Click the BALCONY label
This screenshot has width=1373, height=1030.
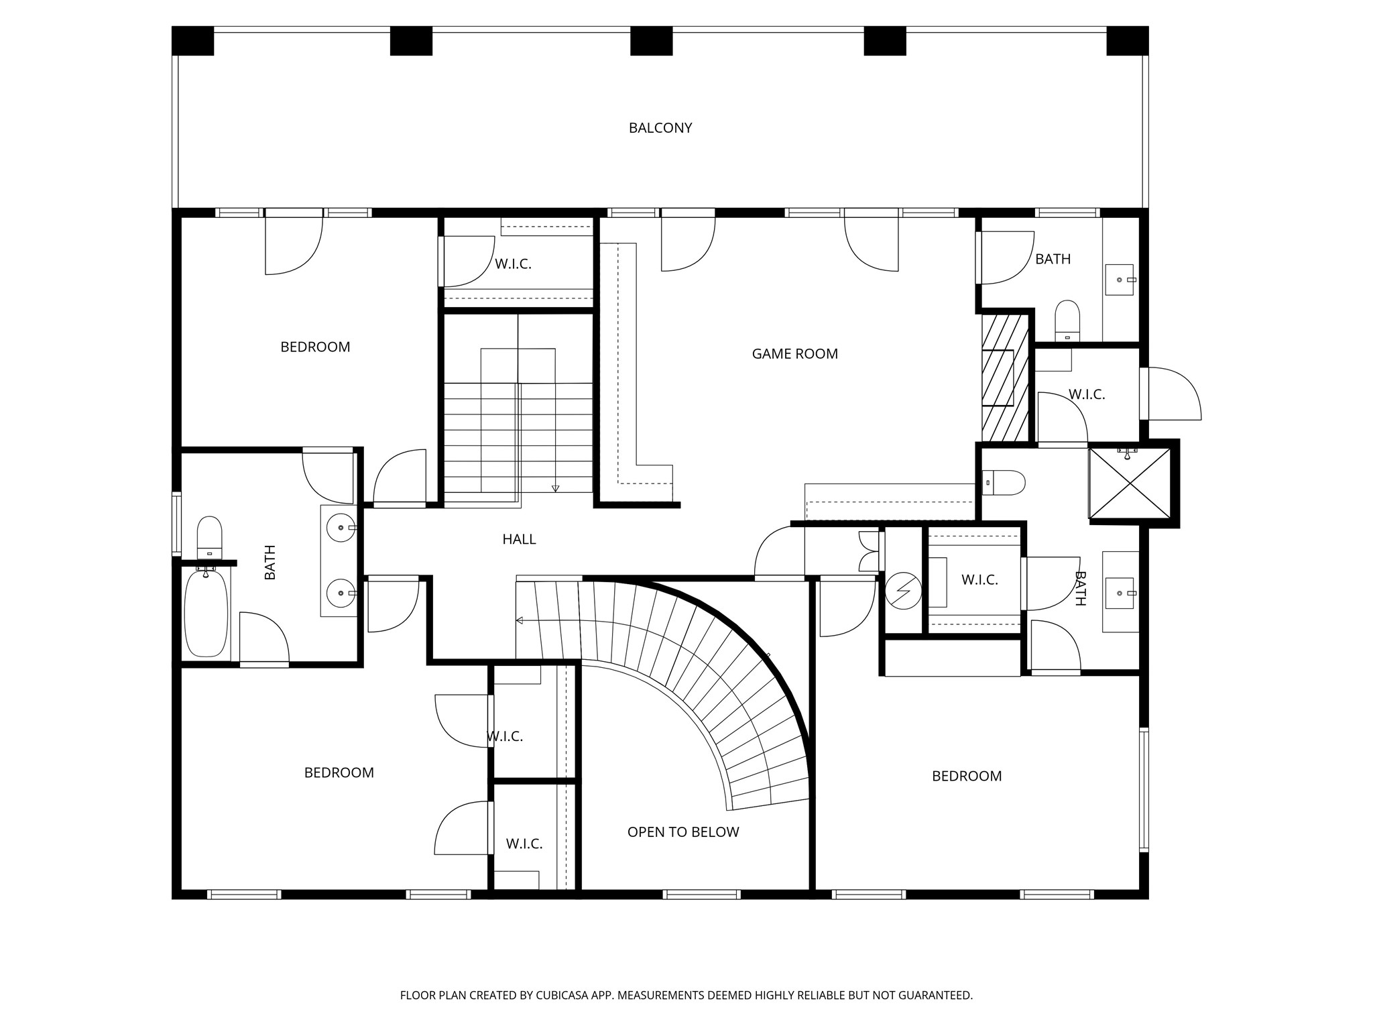click(x=660, y=128)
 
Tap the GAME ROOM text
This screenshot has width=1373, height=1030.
click(x=794, y=354)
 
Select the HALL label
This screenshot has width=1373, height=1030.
click(x=519, y=539)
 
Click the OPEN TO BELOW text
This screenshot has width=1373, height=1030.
click(x=682, y=832)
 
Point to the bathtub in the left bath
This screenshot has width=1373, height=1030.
click(x=206, y=614)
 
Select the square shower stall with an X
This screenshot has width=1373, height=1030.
click(x=1130, y=483)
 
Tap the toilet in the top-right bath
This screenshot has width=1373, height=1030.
click(x=1067, y=321)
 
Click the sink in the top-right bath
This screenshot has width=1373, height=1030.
click(x=1119, y=280)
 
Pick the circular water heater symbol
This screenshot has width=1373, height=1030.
click(x=902, y=591)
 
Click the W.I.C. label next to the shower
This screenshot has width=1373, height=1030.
click(x=1086, y=395)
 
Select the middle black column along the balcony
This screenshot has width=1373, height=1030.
click(x=651, y=41)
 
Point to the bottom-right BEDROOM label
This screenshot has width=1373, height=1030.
click(x=966, y=777)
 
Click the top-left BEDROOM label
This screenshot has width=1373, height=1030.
click(x=315, y=347)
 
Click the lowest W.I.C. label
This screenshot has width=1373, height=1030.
click(x=524, y=844)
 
